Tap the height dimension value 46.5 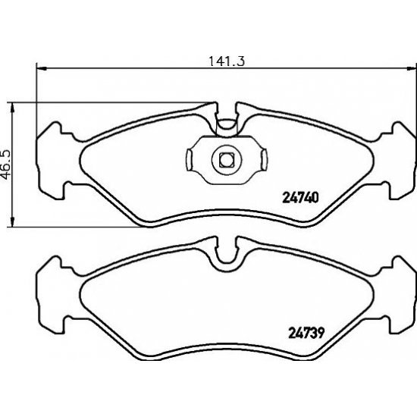point(8,163)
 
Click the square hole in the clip point(224,159)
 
